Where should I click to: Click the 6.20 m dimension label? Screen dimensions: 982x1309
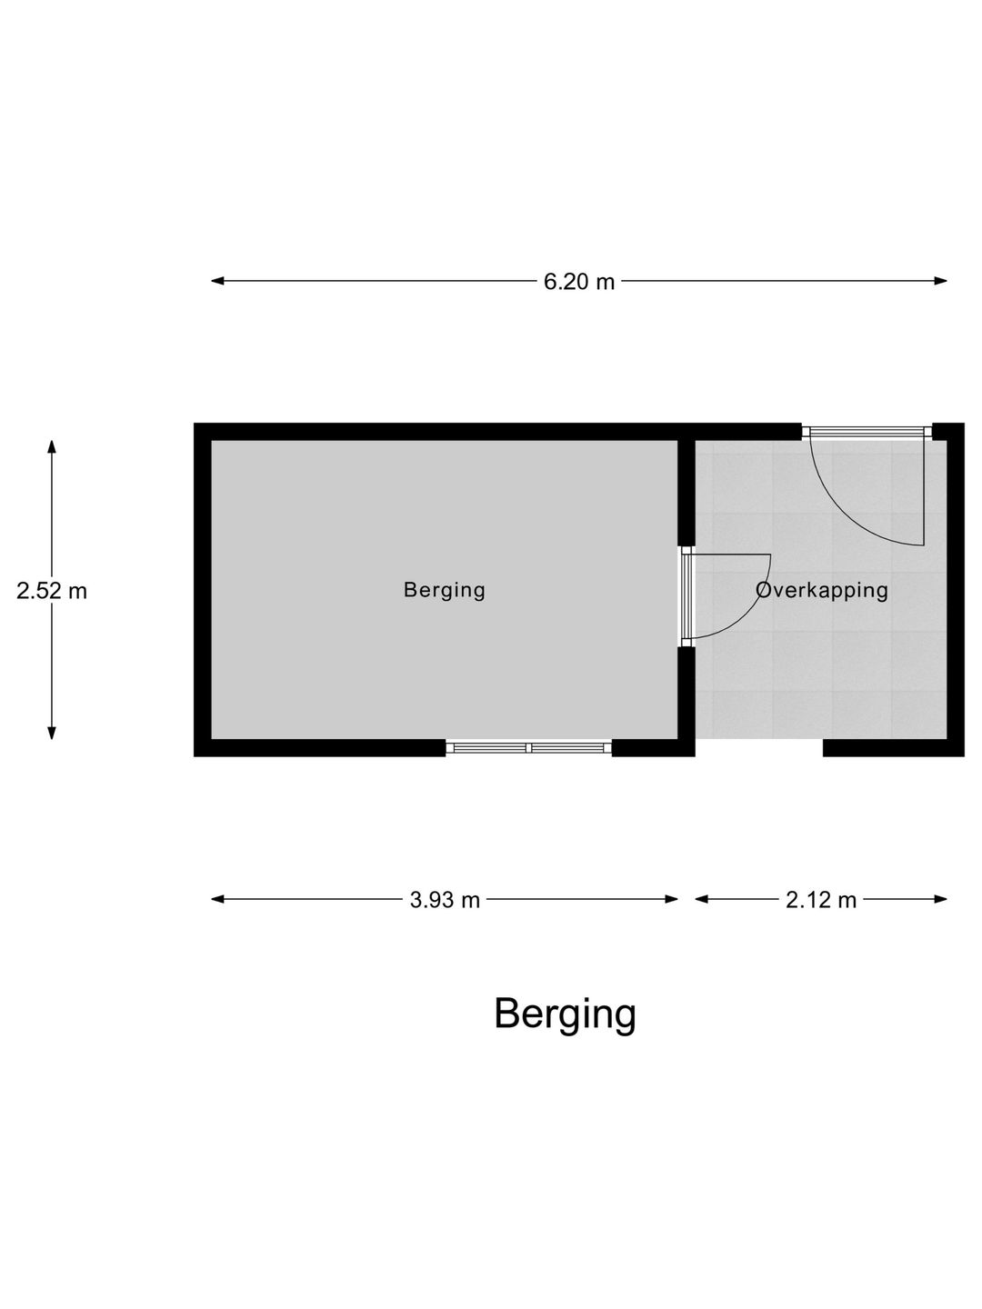point(578,282)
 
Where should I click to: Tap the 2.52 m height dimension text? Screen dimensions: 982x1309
point(52,591)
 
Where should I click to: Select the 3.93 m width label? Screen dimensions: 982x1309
point(445,900)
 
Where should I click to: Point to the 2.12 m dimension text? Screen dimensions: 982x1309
point(820,900)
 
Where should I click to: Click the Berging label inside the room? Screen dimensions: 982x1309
point(445,590)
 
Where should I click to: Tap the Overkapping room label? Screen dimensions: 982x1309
point(822,590)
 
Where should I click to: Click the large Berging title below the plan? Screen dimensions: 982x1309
point(565,1014)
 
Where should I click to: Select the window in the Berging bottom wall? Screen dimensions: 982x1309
point(529,748)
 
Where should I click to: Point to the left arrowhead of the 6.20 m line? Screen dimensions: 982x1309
point(217,281)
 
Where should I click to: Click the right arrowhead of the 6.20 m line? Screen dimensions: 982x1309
point(940,281)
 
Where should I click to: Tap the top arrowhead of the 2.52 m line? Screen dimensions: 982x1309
point(52,447)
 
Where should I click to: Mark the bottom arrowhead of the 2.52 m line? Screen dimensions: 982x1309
point(52,733)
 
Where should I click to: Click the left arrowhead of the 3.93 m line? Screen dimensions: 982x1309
point(217,899)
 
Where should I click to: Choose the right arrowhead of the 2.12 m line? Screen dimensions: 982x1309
point(940,899)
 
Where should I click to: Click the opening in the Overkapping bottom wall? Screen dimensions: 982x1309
point(759,748)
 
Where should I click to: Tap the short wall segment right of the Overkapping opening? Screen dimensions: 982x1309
point(893,748)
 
